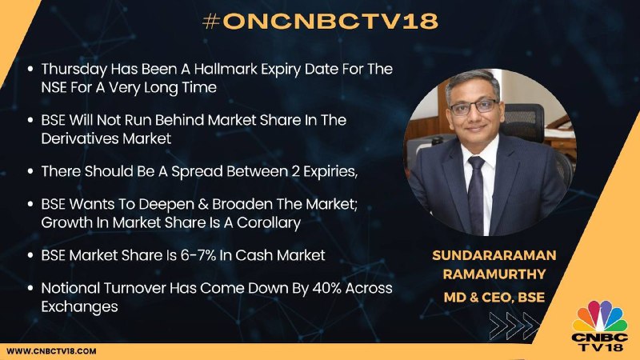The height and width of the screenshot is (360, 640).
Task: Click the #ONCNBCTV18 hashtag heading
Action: pos(320,22)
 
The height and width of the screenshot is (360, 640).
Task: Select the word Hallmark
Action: pos(226,69)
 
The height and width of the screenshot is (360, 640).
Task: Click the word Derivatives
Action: pos(80,138)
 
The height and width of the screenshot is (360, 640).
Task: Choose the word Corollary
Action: pos(269,223)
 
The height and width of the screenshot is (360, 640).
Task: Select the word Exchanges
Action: pos(79,306)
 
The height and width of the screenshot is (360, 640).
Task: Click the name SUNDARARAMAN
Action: pos(494,255)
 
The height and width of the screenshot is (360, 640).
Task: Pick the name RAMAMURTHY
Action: pos(494,274)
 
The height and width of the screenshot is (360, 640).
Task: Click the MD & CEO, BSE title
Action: pos(494,297)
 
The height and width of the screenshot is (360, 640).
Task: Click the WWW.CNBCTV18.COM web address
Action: pos(51,351)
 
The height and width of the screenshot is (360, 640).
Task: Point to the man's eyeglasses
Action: pos(474,107)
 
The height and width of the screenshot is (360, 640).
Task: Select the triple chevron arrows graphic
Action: pos(514,326)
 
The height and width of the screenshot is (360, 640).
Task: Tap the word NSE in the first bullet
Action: pos(54,87)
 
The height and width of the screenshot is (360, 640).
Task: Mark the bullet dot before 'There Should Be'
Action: pos(30,171)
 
